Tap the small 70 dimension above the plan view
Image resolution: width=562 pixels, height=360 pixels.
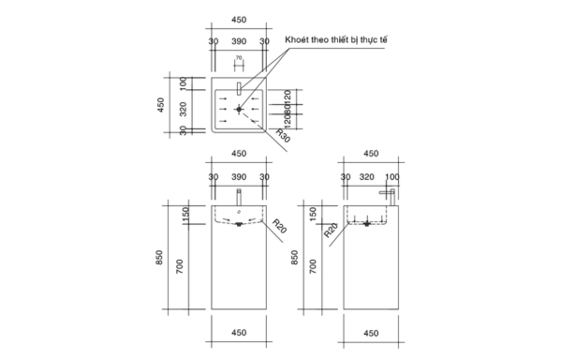pos(239,58)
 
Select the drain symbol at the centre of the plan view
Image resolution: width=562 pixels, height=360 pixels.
pos(239,110)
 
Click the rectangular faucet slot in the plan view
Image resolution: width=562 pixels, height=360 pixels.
pos(239,89)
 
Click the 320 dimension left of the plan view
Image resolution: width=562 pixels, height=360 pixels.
pos(184,110)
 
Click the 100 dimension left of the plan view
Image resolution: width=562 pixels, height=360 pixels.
pos(184,82)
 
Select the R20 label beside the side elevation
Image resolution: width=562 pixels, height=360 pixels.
pos(332,228)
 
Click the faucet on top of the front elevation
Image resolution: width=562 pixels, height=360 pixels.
pos(239,198)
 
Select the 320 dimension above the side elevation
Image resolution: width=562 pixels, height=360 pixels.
pos(367,175)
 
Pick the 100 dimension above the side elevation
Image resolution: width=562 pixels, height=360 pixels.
pos(392,175)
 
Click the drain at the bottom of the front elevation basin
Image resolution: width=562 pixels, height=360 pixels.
pos(239,225)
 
